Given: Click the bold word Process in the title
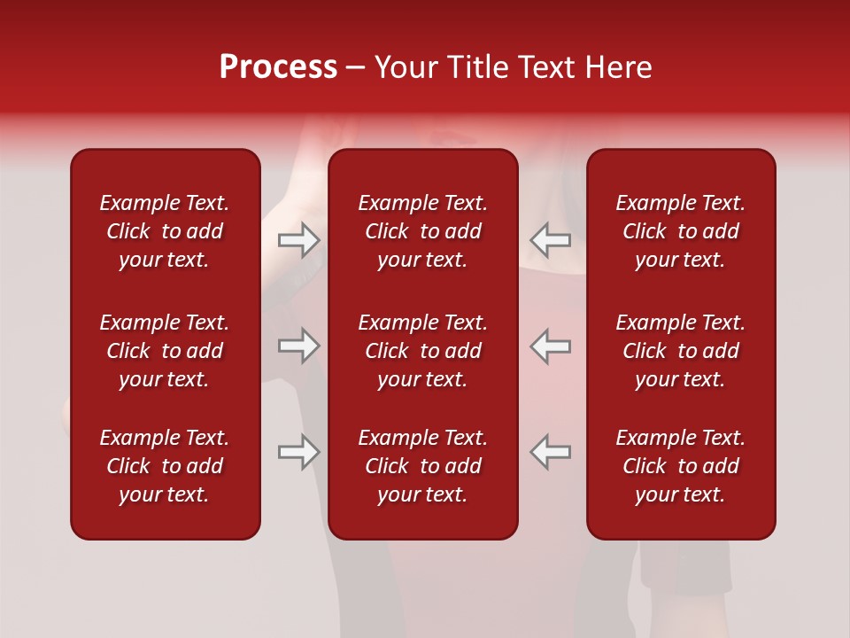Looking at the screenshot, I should pyautogui.click(x=278, y=67).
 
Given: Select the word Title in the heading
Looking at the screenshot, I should pyautogui.click(x=477, y=67).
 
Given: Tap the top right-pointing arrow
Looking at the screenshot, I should pyautogui.click(x=299, y=239).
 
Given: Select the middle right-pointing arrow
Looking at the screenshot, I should pyautogui.click(x=299, y=346).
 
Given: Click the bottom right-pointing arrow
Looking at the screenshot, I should pyautogui.click(x=299, y=452).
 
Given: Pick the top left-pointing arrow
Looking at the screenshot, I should pyautogui.click(x=551, y=239).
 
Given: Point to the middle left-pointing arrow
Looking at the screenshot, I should pyautogui.click(x=551, y=346).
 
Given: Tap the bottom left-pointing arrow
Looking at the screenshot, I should pyautogui.click(x=551, y=452).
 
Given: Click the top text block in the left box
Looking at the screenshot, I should pyautogui.click(x=165, y=231).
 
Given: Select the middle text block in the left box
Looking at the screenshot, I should pyautogui.click(x=165, y=351).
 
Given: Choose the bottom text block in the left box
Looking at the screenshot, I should pyautogui.click(x=165, y=466).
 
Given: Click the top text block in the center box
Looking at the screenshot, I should pyautogui.click(x=423, y=231).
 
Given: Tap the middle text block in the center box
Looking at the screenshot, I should pyautogui.click(x=423, y=351).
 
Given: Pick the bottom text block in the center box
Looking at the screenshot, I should pyautogui.click(x=423, y=466).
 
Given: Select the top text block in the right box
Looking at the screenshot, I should pyautogui.click(x=681, y=231).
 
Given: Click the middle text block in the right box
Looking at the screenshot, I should pyautogui.click(x=681, y=351).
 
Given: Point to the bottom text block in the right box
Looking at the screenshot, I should pyautogui.click(x=681, y=466).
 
